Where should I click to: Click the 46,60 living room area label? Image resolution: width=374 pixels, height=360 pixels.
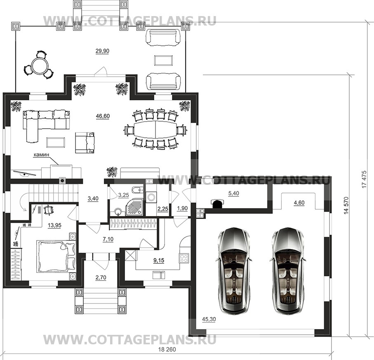103,116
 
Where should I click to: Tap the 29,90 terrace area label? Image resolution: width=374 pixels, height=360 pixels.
102,51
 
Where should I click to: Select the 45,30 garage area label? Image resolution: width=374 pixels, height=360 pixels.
209,319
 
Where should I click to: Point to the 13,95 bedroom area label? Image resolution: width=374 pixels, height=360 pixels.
54,225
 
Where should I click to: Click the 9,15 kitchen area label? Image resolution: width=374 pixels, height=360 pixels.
159,260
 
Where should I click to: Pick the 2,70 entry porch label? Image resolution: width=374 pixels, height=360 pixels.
101,278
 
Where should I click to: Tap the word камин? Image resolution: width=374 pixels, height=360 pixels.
41,155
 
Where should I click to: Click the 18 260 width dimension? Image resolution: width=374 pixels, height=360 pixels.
167,350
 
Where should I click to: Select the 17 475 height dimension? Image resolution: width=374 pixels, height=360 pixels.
364,179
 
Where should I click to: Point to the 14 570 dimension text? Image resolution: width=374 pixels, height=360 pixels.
346,205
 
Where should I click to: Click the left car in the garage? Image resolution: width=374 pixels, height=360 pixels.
234,271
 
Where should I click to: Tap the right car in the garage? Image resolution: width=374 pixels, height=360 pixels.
288,271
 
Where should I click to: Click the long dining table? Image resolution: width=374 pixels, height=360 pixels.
155,129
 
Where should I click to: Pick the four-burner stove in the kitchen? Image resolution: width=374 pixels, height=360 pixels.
183,258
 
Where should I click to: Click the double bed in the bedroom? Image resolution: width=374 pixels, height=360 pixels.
56,256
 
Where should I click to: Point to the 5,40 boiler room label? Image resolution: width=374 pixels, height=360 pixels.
233,193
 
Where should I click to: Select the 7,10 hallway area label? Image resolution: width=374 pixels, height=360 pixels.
108,239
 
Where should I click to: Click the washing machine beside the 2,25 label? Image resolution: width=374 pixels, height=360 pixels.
151,198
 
